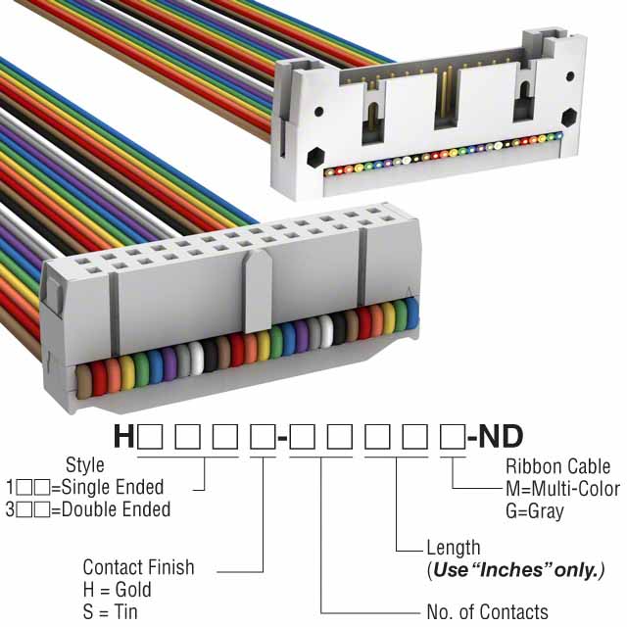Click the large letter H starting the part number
point(124,436)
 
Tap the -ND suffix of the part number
point(495,436)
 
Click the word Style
point(84,465)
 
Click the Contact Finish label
point(138,567)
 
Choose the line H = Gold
point(117,590)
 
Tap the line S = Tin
point(111,612)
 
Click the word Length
point(453,548)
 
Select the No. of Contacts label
point(487,612)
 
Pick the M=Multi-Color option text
point(562,488)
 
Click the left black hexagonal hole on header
point(314,156)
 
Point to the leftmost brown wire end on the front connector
point(82,376)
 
